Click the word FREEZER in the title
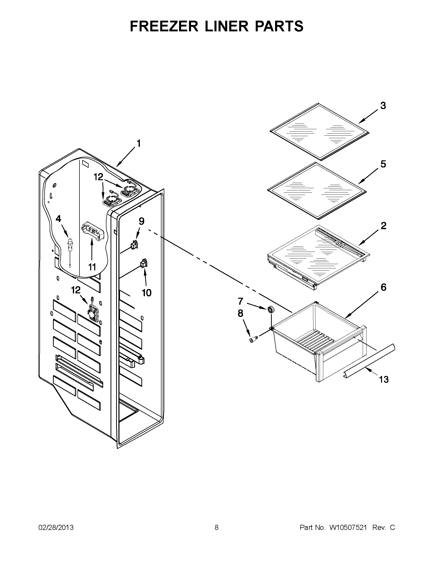(164, 26)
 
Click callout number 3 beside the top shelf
(383, 106)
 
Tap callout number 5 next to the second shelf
(383, 164)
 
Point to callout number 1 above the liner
(138, 143)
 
